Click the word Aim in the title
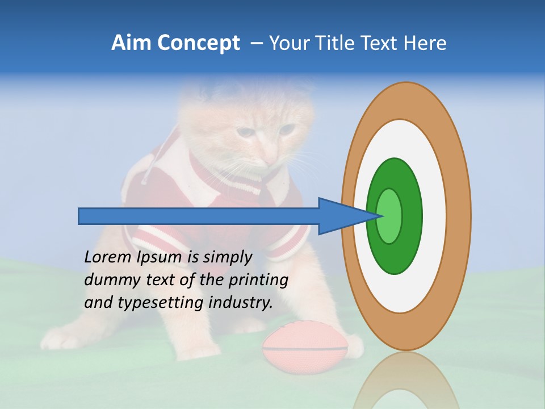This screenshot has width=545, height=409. point(132,44)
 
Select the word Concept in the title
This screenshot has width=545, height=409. point(198,44)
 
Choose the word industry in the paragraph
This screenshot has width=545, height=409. point(240,303)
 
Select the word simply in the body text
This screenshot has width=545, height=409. point(227,257)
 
